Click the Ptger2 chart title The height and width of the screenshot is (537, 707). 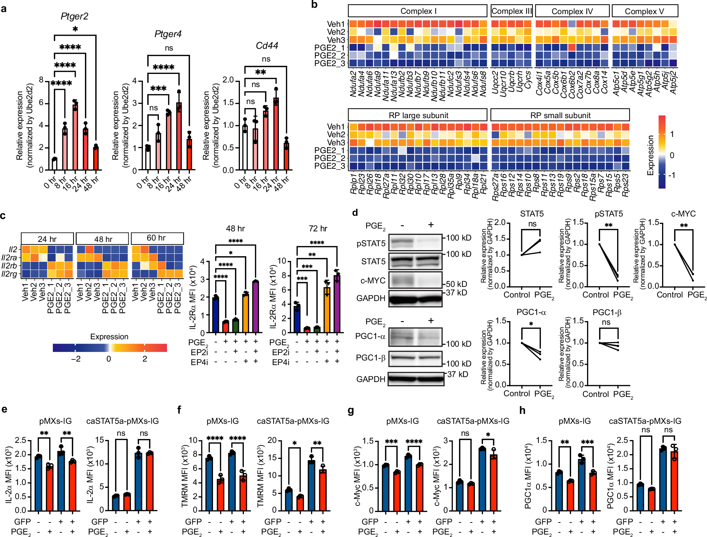click(74, 16)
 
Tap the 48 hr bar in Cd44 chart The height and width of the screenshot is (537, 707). click(286, 156)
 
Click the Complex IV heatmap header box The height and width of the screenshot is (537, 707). click(572, 11)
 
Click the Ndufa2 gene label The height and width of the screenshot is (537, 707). click(353, 83)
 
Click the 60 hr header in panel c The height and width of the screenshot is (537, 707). click(157, 238)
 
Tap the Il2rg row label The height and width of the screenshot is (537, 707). click(9, 274)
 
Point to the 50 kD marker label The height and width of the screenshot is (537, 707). click(456, 284)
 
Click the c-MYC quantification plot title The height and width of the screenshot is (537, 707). click(683, 214)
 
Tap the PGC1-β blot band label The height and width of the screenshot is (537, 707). click(370, 358)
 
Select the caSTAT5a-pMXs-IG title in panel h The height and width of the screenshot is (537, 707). click(645, 421)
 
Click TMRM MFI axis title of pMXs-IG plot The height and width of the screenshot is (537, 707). click(184, 476)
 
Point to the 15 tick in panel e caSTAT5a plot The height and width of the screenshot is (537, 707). click(100, 440)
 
